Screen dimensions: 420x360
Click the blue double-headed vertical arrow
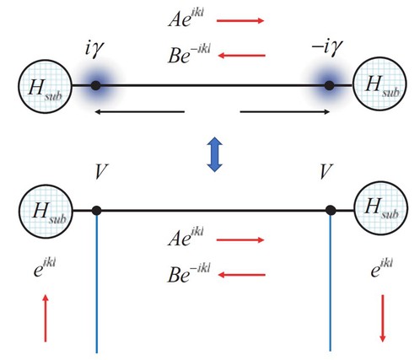(215, 154)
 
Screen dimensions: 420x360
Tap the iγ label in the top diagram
(94, 49)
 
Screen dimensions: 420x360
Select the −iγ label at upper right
(327, 47)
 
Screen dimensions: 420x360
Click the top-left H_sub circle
(46, 86)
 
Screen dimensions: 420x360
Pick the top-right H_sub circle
(380, 83)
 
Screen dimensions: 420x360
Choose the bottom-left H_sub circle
(46, 211)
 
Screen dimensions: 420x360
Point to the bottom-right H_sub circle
(380, 208)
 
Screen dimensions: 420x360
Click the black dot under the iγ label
(96, 85)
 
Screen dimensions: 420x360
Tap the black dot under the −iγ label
(330, 85)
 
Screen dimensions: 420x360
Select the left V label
(101, 171)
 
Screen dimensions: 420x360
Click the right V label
(326, 171)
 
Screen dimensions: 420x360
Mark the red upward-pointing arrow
(46, 318)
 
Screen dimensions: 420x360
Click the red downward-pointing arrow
(382, 318)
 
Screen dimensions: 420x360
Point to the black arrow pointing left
(140, 112)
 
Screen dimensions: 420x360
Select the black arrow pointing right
(284, 112)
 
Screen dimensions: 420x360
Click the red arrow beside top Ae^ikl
(240, 20)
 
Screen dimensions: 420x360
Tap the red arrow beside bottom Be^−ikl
(242, 275)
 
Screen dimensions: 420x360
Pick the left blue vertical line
(97, 283)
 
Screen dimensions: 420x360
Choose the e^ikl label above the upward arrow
(45, 268)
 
